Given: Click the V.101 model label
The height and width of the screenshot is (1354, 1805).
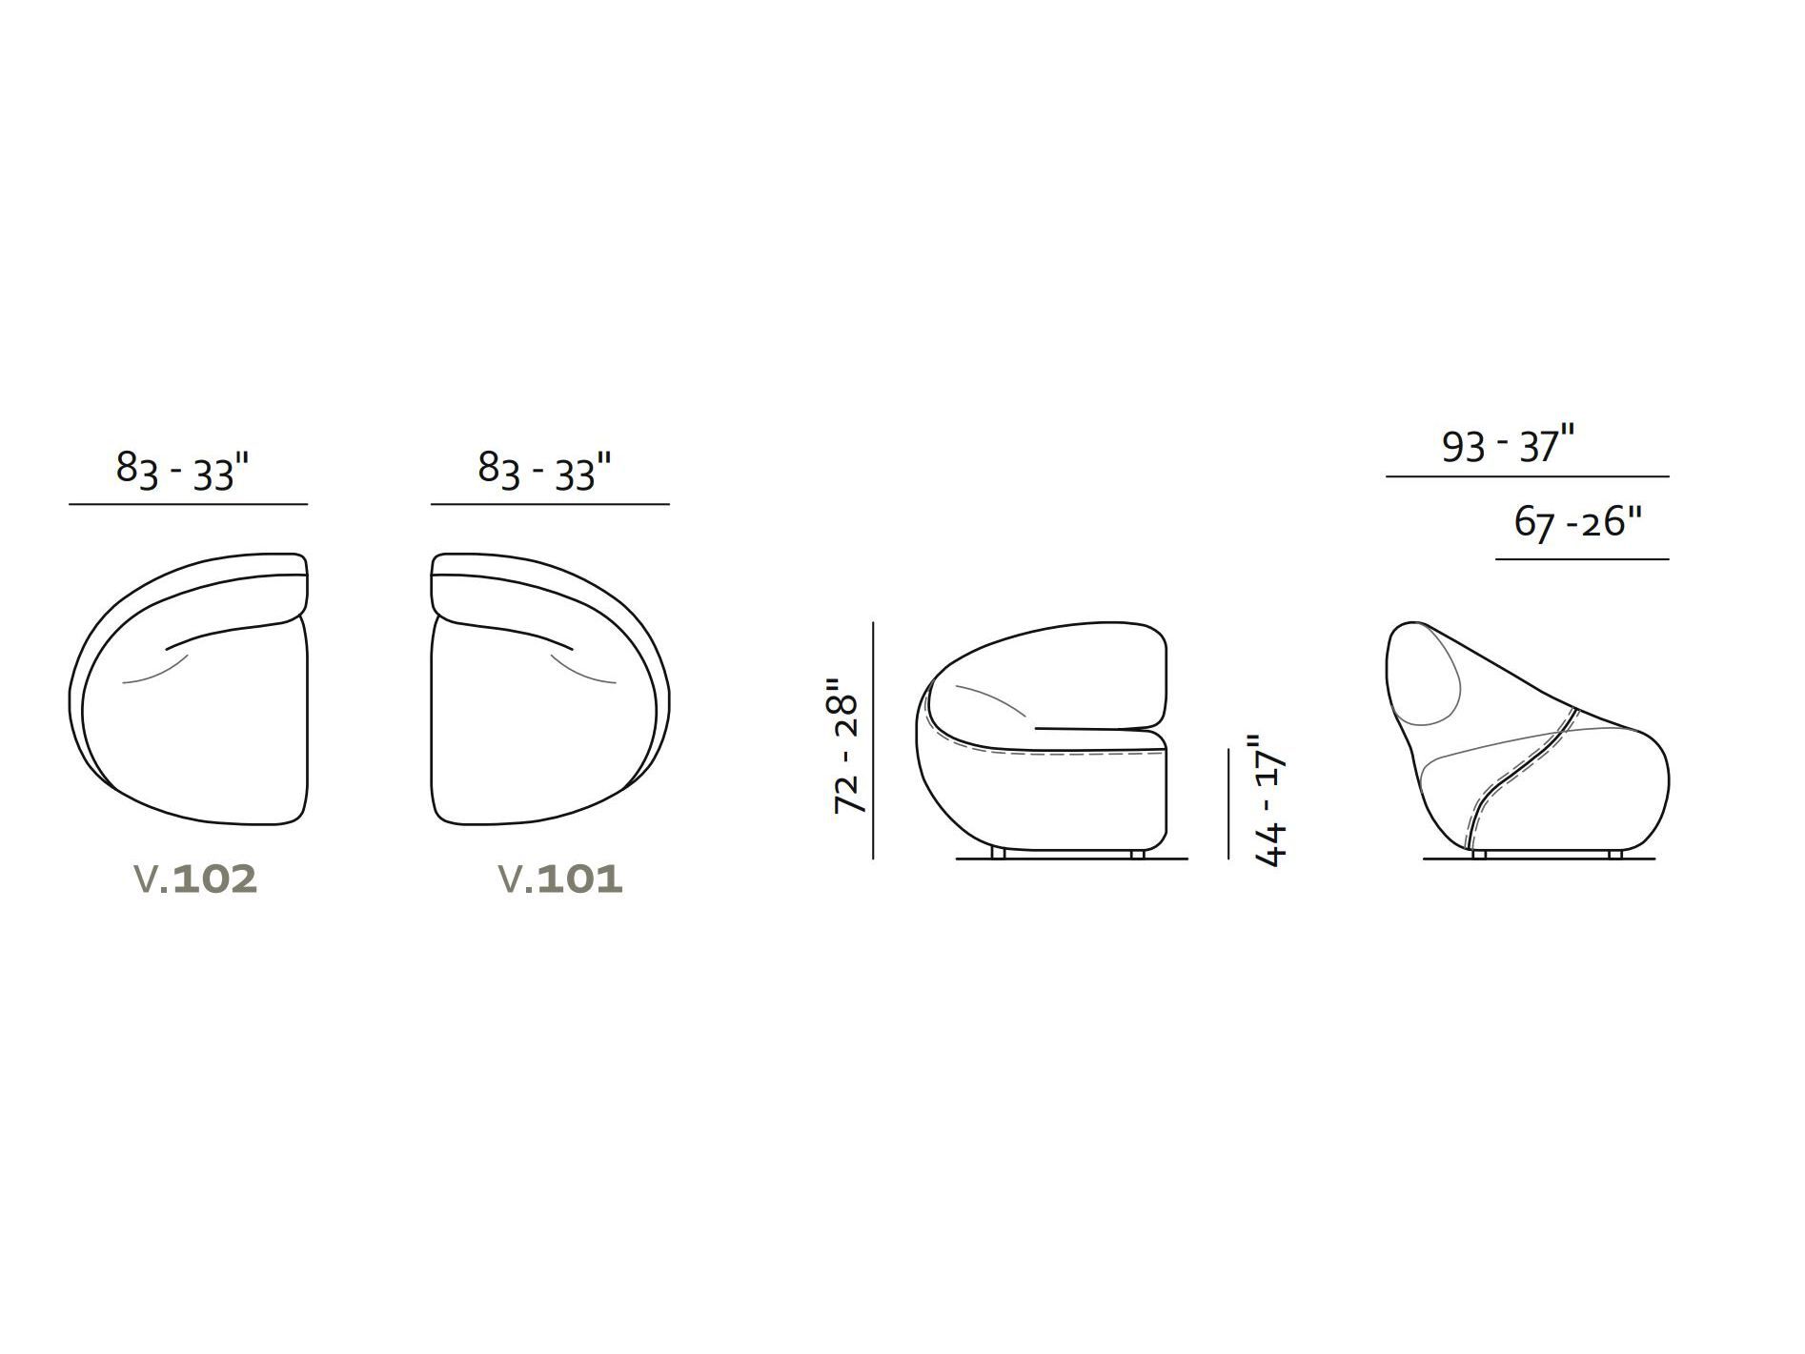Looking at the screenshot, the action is point(561,879).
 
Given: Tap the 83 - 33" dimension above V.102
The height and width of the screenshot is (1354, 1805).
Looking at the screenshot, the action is point(182,471).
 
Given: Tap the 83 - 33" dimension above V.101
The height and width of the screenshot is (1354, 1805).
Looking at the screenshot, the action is point(544,471).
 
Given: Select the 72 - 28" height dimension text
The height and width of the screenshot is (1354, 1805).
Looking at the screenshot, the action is point(846,746).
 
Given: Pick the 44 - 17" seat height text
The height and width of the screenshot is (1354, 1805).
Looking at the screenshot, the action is point(1271,800).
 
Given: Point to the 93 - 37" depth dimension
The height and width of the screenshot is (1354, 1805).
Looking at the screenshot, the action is point(1509,446).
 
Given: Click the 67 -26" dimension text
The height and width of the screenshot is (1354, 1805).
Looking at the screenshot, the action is point(1578,523).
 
